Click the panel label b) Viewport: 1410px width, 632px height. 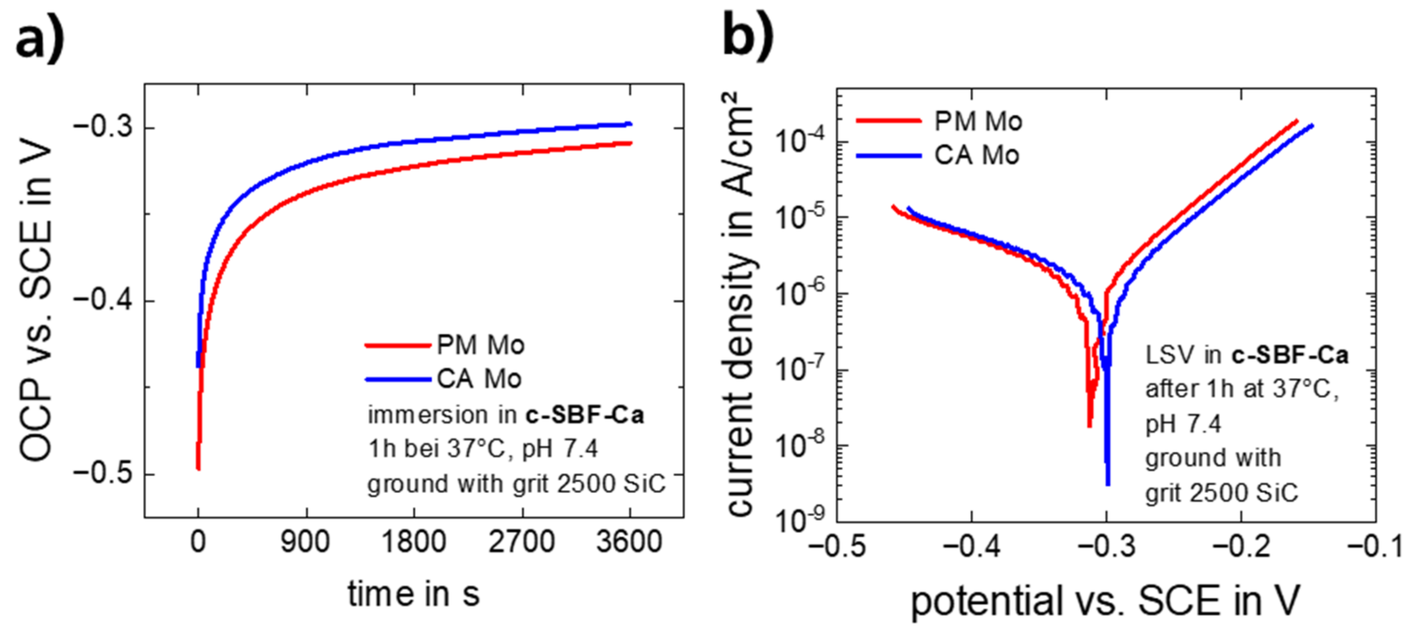(748, 36)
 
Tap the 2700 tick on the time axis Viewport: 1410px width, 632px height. (521, 542)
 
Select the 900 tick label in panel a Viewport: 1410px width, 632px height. (305, 542)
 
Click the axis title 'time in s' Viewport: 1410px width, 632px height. (413, 594)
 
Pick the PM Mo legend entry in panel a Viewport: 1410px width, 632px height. (480, 345)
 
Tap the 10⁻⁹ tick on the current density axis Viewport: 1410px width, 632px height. (802, 520)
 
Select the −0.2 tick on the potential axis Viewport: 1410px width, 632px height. (1241, 547)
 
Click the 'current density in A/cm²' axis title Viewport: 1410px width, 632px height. (740, 304)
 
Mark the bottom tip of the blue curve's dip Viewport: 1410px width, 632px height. (1108, 484)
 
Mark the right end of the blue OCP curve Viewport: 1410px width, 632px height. (630, 124)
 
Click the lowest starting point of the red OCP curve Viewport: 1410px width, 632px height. (198, 468)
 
